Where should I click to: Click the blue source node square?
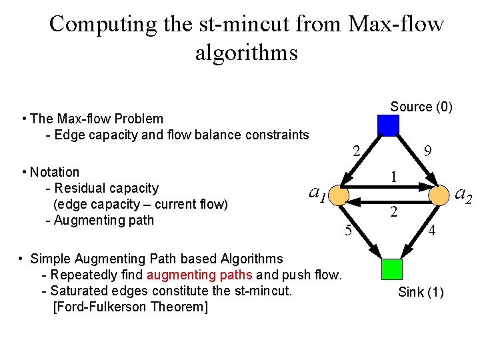[388, 125]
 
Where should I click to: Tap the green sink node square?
[392, 269]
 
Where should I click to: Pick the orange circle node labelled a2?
[439, 195]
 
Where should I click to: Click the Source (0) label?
[421, 107]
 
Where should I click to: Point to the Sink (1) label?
[421, 292]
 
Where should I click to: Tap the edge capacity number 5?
[348, 232]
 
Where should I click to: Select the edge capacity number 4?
[432, 232]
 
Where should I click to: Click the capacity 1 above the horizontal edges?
[395, 177]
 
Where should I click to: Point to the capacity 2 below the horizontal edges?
[395, 213]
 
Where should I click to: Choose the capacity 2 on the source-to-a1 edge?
[357, 151]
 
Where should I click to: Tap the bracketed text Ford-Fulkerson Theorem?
[130, 307]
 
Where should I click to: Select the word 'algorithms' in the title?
[246, 52]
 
